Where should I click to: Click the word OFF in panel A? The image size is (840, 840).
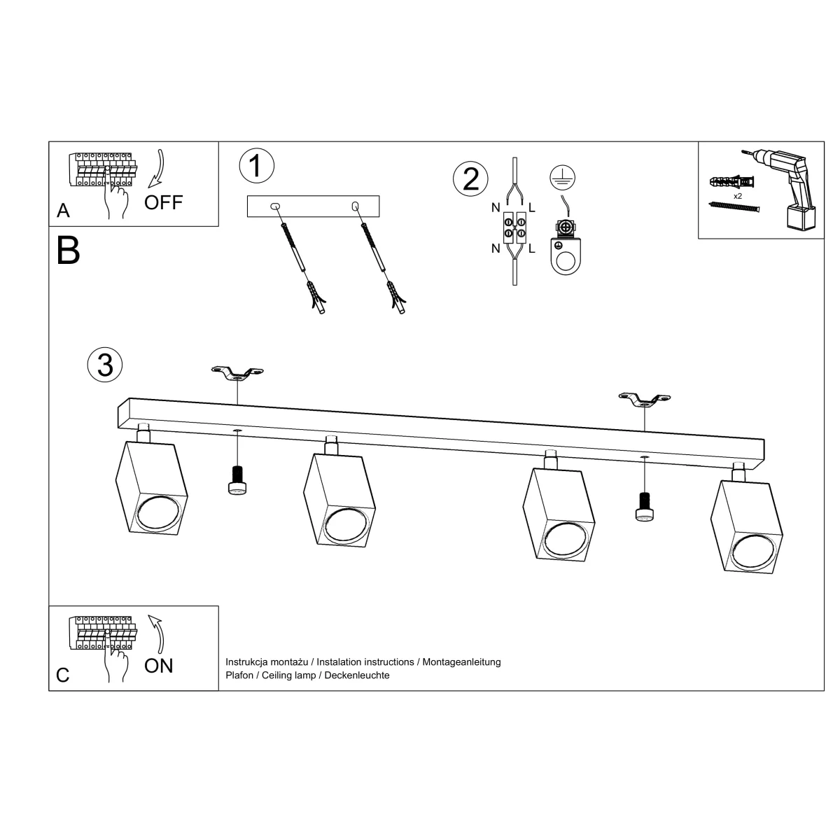[164, 202]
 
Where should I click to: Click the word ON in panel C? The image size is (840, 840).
[159, 666]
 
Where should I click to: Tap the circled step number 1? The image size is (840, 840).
[257, 166]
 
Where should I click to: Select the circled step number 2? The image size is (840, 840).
[471, 178]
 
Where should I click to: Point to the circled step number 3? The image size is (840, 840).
[105, 365]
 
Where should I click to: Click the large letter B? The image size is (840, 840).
[69, 251]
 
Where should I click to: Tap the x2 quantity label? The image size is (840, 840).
[738, 196]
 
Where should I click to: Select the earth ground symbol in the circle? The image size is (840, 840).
[563, 178]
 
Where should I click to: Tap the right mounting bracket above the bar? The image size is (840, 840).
[645, 399]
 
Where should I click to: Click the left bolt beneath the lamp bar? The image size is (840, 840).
[237, 480]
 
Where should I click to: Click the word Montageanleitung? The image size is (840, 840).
[461, 661]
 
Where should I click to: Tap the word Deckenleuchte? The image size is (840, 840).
[357, 675]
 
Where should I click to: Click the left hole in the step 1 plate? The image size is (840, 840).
[276, 206]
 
